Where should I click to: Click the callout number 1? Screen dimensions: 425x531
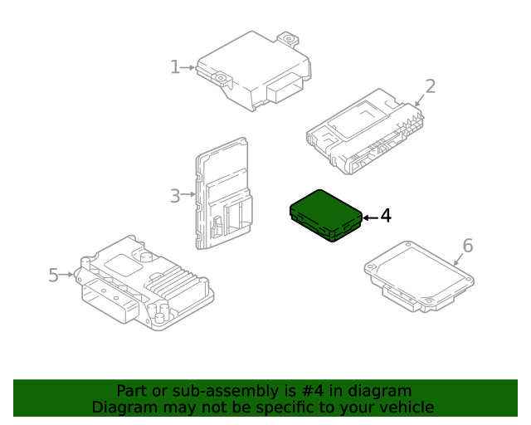point(175,67)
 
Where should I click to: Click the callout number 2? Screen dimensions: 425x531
point(431,86)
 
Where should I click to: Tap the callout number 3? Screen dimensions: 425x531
point(174,196)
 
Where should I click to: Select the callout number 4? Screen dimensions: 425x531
point(385,216)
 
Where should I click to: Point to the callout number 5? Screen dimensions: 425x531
point(54,275)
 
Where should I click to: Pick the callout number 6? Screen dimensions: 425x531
point(467,246)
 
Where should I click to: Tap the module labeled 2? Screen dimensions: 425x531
point(365,133)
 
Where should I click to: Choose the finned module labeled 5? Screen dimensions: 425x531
point(145,282)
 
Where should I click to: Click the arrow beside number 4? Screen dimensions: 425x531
point(370,217)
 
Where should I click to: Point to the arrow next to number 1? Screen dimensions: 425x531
point(188,67)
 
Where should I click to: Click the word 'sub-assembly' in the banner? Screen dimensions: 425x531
point(208,391)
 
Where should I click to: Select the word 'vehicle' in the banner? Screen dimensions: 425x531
point(407,407)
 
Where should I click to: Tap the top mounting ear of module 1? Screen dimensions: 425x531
point(289,38)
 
